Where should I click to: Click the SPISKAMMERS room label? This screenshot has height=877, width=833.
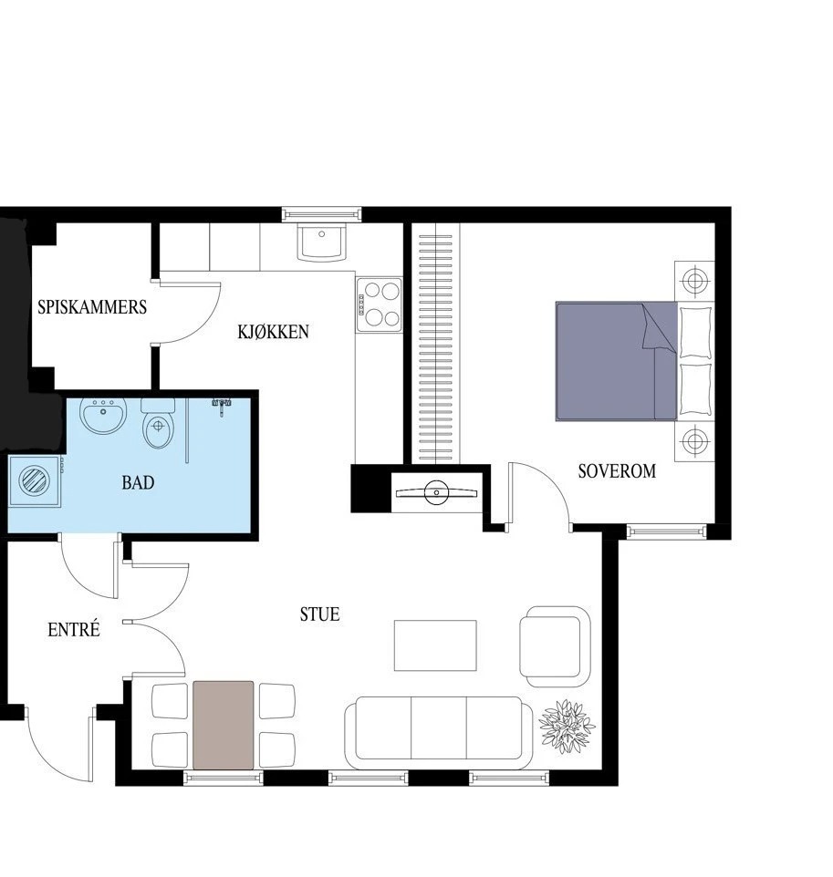click(x=92, y=307)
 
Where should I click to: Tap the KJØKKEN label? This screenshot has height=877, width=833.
click(x=273, y=332)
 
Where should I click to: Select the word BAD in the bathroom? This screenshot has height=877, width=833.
click(x=138, y=482)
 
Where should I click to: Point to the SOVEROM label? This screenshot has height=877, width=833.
click(x=617, y=471)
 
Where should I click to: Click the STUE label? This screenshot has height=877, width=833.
click(x=319, y=614)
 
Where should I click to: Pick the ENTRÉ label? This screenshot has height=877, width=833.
click(x=74, y=629)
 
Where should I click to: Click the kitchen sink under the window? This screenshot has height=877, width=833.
click(x=321, y=242)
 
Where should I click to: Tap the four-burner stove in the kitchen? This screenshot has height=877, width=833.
click(x=379, y=304)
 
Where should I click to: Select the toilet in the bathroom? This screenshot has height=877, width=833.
click(x=159, y=423)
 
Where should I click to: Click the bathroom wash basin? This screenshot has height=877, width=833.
click(x=103, y=416)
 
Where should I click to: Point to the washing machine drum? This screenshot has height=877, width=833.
click(x=34, y=481)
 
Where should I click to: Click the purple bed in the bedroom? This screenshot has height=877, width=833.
click(x=617, y=361)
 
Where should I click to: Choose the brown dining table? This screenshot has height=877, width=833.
click(x=223, y=725)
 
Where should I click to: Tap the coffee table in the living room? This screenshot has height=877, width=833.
click(x=435, y=645)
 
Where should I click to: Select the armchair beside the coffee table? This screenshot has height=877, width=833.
click(x=555, y=646)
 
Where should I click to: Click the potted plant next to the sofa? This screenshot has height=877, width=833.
click(x=567, y=726)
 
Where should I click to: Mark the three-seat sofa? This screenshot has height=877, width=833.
click(x=439, y=733)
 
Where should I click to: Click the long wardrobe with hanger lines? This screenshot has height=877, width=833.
click(x=435, y=343)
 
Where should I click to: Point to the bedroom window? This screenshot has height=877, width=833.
click(x=666, y=531)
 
